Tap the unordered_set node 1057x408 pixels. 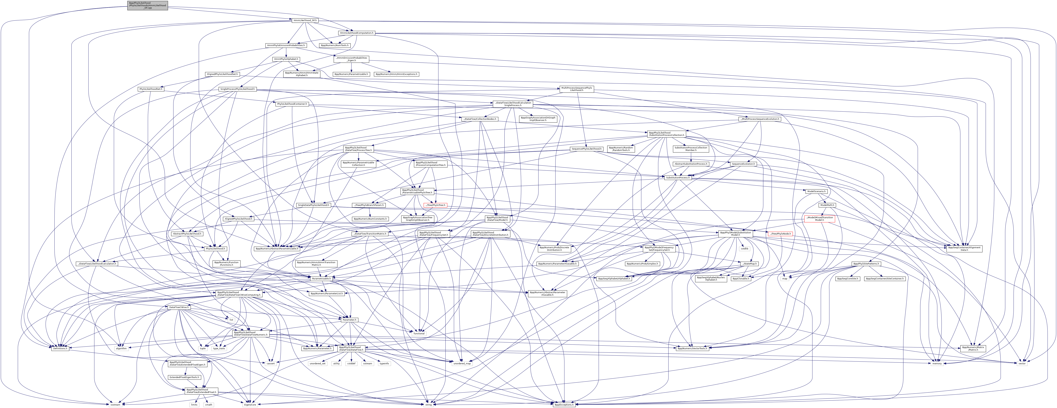click(x=317, y=363)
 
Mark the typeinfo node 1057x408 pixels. click(x=384, y=363)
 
